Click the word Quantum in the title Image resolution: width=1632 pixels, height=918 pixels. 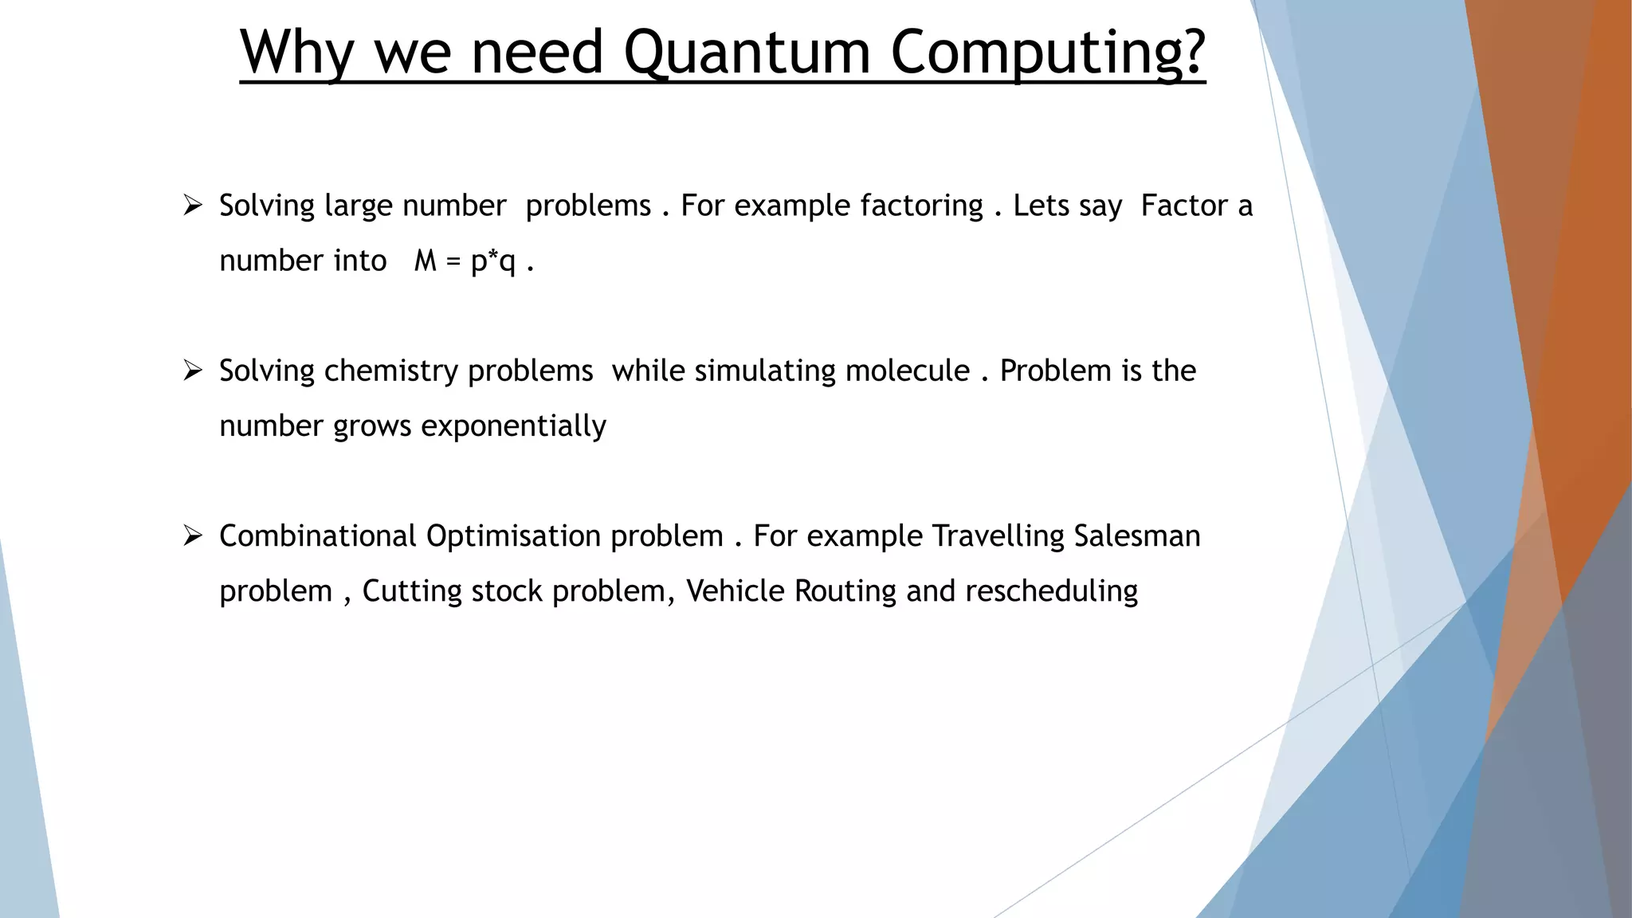point(747,53)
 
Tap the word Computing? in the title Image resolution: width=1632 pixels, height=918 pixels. point(1047,53)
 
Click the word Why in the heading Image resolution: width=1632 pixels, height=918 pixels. point(296,53)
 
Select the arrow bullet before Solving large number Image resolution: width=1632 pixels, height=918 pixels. point(193,206)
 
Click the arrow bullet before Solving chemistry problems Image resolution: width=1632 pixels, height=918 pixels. point(193,371)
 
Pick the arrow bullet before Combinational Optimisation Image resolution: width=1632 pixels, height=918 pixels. point(193,535)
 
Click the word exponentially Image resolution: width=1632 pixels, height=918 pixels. point(513,426)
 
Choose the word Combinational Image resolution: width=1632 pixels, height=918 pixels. point(318,535)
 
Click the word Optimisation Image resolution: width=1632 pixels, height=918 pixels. point(513,535)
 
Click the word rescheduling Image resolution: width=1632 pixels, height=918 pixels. point(1051,591)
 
